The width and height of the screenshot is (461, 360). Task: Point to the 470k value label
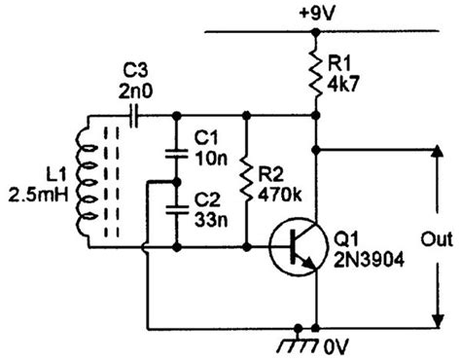point(279,197)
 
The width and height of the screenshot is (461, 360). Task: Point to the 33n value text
point(211,214)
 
